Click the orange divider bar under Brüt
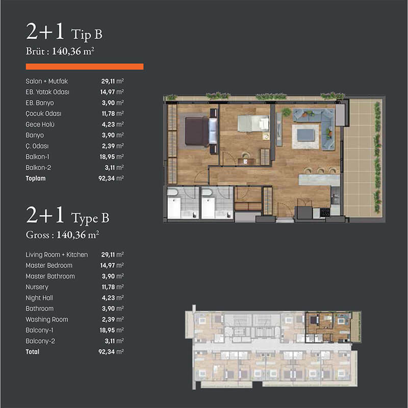[85, 67]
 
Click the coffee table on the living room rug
[305, 135]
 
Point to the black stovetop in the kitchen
[325, 213]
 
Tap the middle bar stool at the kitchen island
[320, 170]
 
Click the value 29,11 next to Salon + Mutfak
[108, 81]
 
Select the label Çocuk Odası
[43, 113]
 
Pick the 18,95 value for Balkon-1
[107, 157]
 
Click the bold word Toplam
[35, 178]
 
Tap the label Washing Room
[47, 319]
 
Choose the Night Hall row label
[39, 298]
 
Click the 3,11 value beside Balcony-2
[110, 341]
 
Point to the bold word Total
[33, 351]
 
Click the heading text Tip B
[87, 34]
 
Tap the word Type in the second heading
[85, 219]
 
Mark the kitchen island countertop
[319, 180]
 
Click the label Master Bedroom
[49, 265]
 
